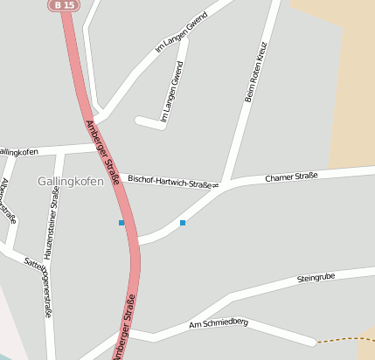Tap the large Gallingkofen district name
(x=71, y=182)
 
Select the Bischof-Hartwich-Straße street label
(x=172, y=181)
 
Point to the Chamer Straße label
(x=291, y=177)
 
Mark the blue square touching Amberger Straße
(x=122, y=223)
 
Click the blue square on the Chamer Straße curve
(x=183, y=223)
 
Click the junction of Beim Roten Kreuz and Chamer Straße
(x=225, y=185)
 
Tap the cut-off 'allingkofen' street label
(x=19, y=152)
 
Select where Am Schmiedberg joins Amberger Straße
(x=128, y=332)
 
